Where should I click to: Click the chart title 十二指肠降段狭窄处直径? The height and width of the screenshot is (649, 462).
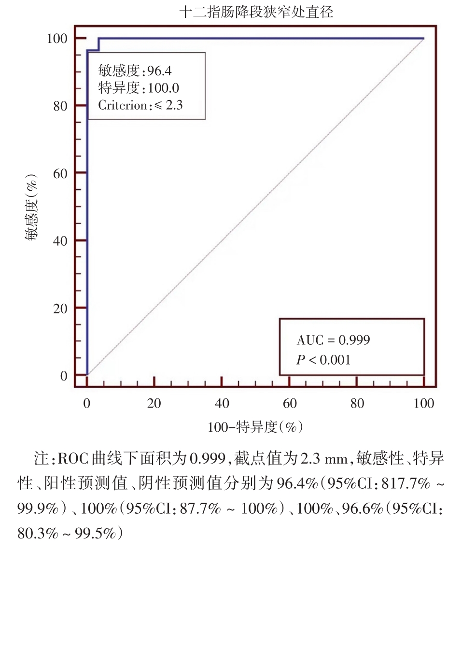[x=256, y=12]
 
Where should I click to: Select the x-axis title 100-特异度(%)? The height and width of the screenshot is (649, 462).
[x=255, y=427]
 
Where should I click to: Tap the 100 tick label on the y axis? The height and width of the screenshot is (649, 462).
[x=56, y=39]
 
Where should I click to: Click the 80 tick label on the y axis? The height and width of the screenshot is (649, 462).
[x=60, y=106]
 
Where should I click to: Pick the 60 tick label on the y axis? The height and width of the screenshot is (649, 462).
[x=60, y=174]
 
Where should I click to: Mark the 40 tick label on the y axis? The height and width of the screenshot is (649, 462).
[x=60, y=241]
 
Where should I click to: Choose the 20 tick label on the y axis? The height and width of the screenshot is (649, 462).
[x=60, y=309]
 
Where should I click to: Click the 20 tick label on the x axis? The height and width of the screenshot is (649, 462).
[x=154, y=404]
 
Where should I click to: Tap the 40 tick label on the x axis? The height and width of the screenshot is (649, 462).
[x=222, y=404]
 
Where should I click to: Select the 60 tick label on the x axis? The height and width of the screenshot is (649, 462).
[x=289, y=404]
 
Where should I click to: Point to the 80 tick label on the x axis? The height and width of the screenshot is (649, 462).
[x=357, y=404]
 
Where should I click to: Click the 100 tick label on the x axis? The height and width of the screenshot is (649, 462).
[x=424, y=404]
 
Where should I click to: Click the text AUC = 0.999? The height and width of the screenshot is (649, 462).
[x=333, y=340]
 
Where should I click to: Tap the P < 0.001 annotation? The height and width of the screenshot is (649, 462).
[x=323, y=360]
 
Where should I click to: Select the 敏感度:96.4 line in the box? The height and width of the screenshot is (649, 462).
[x=135, y=71]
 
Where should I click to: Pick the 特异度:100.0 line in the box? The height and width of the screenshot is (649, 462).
[x=139, y=88]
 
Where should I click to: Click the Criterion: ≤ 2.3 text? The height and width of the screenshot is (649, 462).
[x=140, y=105]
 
